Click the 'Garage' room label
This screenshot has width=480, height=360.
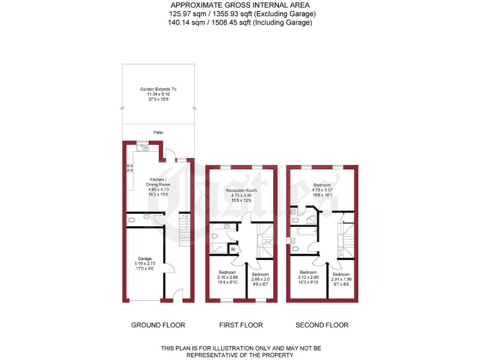(144, 257)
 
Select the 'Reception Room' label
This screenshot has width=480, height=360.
(242, 190)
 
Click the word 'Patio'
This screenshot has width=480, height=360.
(159, 132)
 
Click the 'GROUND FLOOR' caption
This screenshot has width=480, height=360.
(158, 325)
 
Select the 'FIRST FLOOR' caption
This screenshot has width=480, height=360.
(241, 325)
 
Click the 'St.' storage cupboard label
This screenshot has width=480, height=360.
(232, 250)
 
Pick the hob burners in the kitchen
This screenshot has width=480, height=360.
(131, 167)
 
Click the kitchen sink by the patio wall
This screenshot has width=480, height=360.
(144, 147)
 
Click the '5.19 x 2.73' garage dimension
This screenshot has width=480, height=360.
(144, 263)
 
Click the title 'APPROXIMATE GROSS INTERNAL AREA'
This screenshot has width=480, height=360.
(240, 6)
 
